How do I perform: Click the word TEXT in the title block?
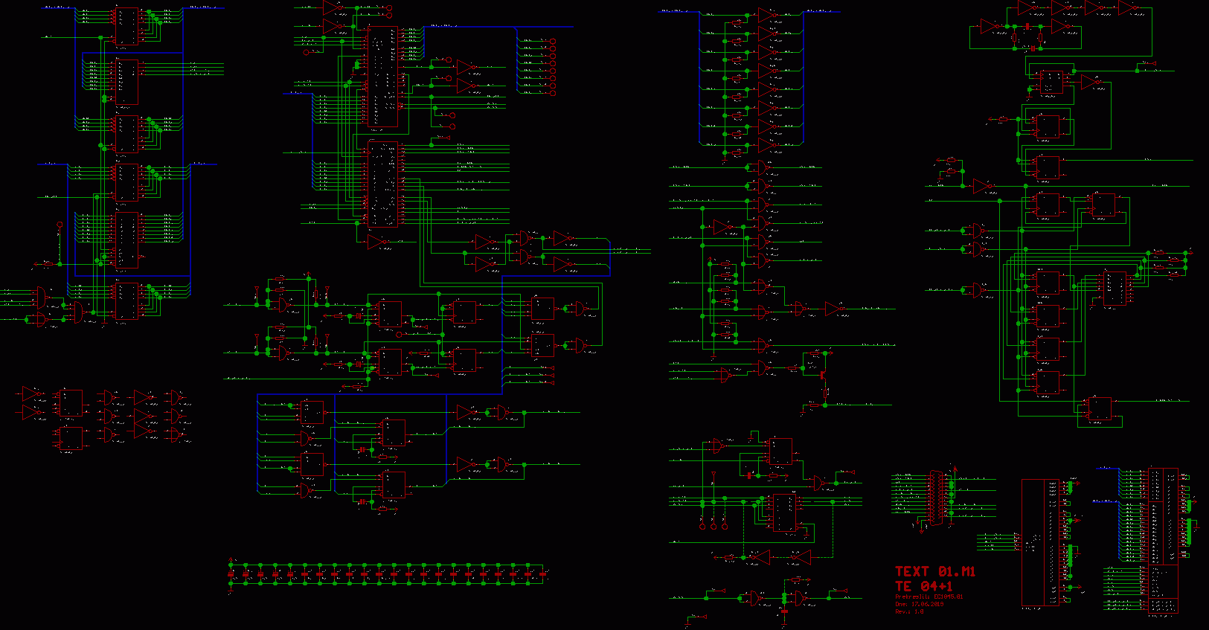pyautogui.click(x=912, y=571)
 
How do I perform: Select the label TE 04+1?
pyautogui.click(x=923, y=585)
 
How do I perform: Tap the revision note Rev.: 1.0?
pyautogui.click(x=909, y=611)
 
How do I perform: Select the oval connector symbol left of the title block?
pyautogui.click(x=936, y=498)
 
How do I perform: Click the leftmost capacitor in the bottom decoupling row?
pyautogui.click(x=231, y=574)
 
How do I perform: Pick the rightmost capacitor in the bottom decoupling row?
pyautogui.click(x=543, y=574)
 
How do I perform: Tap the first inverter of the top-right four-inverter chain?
pyautogui.click(x=1024, y=8)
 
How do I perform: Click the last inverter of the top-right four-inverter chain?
pyautogui.click(x=1126, y=8)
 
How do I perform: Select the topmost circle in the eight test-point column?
pyautogui.click(x=553, y=41)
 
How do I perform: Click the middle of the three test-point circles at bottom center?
pyautogui.click(x=713, y=526)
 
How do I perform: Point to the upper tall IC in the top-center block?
pyautogui.click(x=383, y=77)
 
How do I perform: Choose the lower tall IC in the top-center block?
pyautogui.click(x=383, y=184)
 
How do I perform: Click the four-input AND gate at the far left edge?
pyautogui.click(x=39, y=298)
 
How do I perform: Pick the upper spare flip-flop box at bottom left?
pyautogui.click(x=71, y=403)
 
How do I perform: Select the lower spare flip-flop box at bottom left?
pyautogui.click(x=71, y=439)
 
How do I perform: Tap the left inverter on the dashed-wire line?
pyautogui.click(x=760, y=556)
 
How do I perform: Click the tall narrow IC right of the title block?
pyautogui.click(x=1040, y=542)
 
